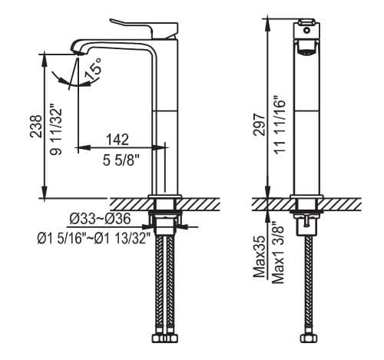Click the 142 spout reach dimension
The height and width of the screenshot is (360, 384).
tap(117, 140)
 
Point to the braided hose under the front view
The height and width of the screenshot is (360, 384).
tap(308, 292)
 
